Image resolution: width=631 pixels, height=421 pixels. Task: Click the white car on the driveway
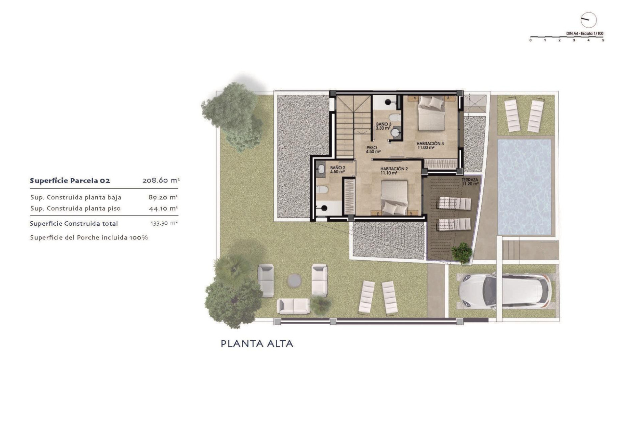point(504,291)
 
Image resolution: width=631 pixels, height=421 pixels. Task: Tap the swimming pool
point(524,186)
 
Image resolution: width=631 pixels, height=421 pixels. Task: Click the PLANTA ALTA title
point(257,344)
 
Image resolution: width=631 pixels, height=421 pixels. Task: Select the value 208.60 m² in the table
point(161,180)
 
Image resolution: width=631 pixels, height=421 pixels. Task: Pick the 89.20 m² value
point(163,197)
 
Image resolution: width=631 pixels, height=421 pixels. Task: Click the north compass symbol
point(588,20)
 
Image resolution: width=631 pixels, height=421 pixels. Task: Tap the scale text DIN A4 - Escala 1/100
point(585,34)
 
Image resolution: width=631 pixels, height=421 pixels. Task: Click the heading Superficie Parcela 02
point(70,181)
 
